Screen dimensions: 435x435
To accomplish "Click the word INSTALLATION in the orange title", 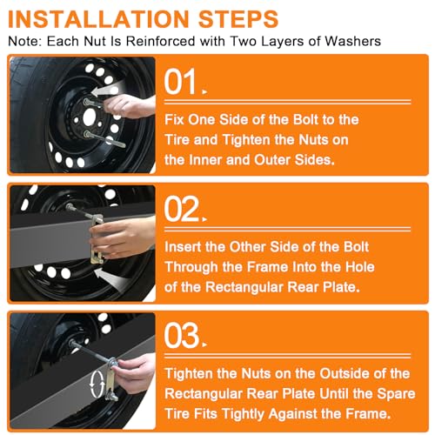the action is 99,19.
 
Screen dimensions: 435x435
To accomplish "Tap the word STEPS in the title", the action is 238,19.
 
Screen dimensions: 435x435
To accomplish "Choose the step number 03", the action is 182,336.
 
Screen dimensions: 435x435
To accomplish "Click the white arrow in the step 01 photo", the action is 107,90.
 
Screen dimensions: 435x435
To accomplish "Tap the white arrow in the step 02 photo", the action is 110,278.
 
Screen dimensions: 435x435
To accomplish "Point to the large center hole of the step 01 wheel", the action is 89,117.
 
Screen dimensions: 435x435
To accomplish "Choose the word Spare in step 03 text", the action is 396,394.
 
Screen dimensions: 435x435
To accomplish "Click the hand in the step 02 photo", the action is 122,238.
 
